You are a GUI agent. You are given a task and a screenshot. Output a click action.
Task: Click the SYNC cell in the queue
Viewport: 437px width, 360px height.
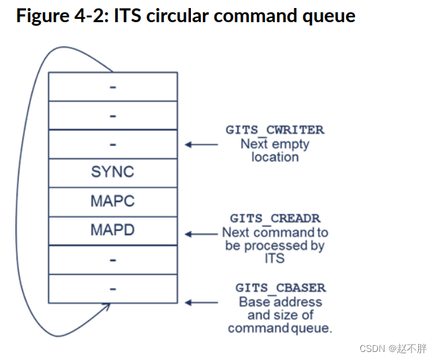click(x=112, y=172)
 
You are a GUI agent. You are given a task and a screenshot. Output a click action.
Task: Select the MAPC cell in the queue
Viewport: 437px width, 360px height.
click(x=112, y=201)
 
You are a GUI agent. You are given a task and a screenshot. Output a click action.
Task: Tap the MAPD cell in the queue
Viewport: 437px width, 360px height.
click(x=112, y=230)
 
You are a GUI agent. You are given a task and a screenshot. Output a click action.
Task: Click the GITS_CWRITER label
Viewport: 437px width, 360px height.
click(x=274, y=130)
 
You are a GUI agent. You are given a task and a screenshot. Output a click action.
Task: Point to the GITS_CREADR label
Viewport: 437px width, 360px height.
click(x=275, y=218)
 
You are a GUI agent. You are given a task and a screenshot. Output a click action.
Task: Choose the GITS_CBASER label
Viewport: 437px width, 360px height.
click(x=280, y=287)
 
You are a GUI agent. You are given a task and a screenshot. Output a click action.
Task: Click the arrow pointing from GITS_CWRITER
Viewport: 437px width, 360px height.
click(x=202, y=144)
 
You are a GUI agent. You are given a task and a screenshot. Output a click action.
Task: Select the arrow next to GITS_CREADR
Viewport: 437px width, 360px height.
click(x=202, y=234)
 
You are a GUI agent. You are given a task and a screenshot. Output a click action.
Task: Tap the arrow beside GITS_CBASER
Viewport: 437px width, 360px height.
click(x=202, y=303)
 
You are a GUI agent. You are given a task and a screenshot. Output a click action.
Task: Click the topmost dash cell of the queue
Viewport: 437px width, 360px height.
click(x=112, y=86)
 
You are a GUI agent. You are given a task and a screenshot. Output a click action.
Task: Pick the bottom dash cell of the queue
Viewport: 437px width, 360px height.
click(x=112, y=288)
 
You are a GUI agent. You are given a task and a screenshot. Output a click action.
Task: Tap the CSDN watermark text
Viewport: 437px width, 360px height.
click(x=393, y=349)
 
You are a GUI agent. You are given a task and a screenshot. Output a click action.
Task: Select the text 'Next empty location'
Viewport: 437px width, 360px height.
click(x=274, y=150)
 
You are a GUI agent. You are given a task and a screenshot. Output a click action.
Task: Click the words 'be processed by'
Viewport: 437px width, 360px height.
click(x=275, y=245)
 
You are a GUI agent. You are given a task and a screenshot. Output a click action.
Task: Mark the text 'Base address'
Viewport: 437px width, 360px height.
click(x=280, y=302)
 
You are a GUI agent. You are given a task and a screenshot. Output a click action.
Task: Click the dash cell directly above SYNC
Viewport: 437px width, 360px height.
click(x=112, y=144)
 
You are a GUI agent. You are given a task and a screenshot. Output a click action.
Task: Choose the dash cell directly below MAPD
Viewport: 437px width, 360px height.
click(x=112, y=259)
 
